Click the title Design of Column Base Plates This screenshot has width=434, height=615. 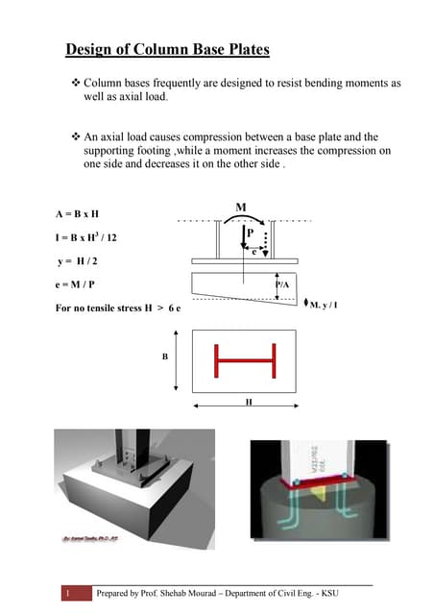pyautogui.click(x=167, y=49)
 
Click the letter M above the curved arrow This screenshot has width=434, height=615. pyautogui.click(x=240, y=207)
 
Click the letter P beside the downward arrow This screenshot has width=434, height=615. pyautogui.click(x=250, y=233)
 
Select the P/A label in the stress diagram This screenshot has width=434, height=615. pyautogui.click(x=282, y=285)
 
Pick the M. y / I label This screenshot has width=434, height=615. pyautogui.click(x=324, y=306)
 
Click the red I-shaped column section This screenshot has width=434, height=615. pyautogui.click(x=244, y=361)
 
